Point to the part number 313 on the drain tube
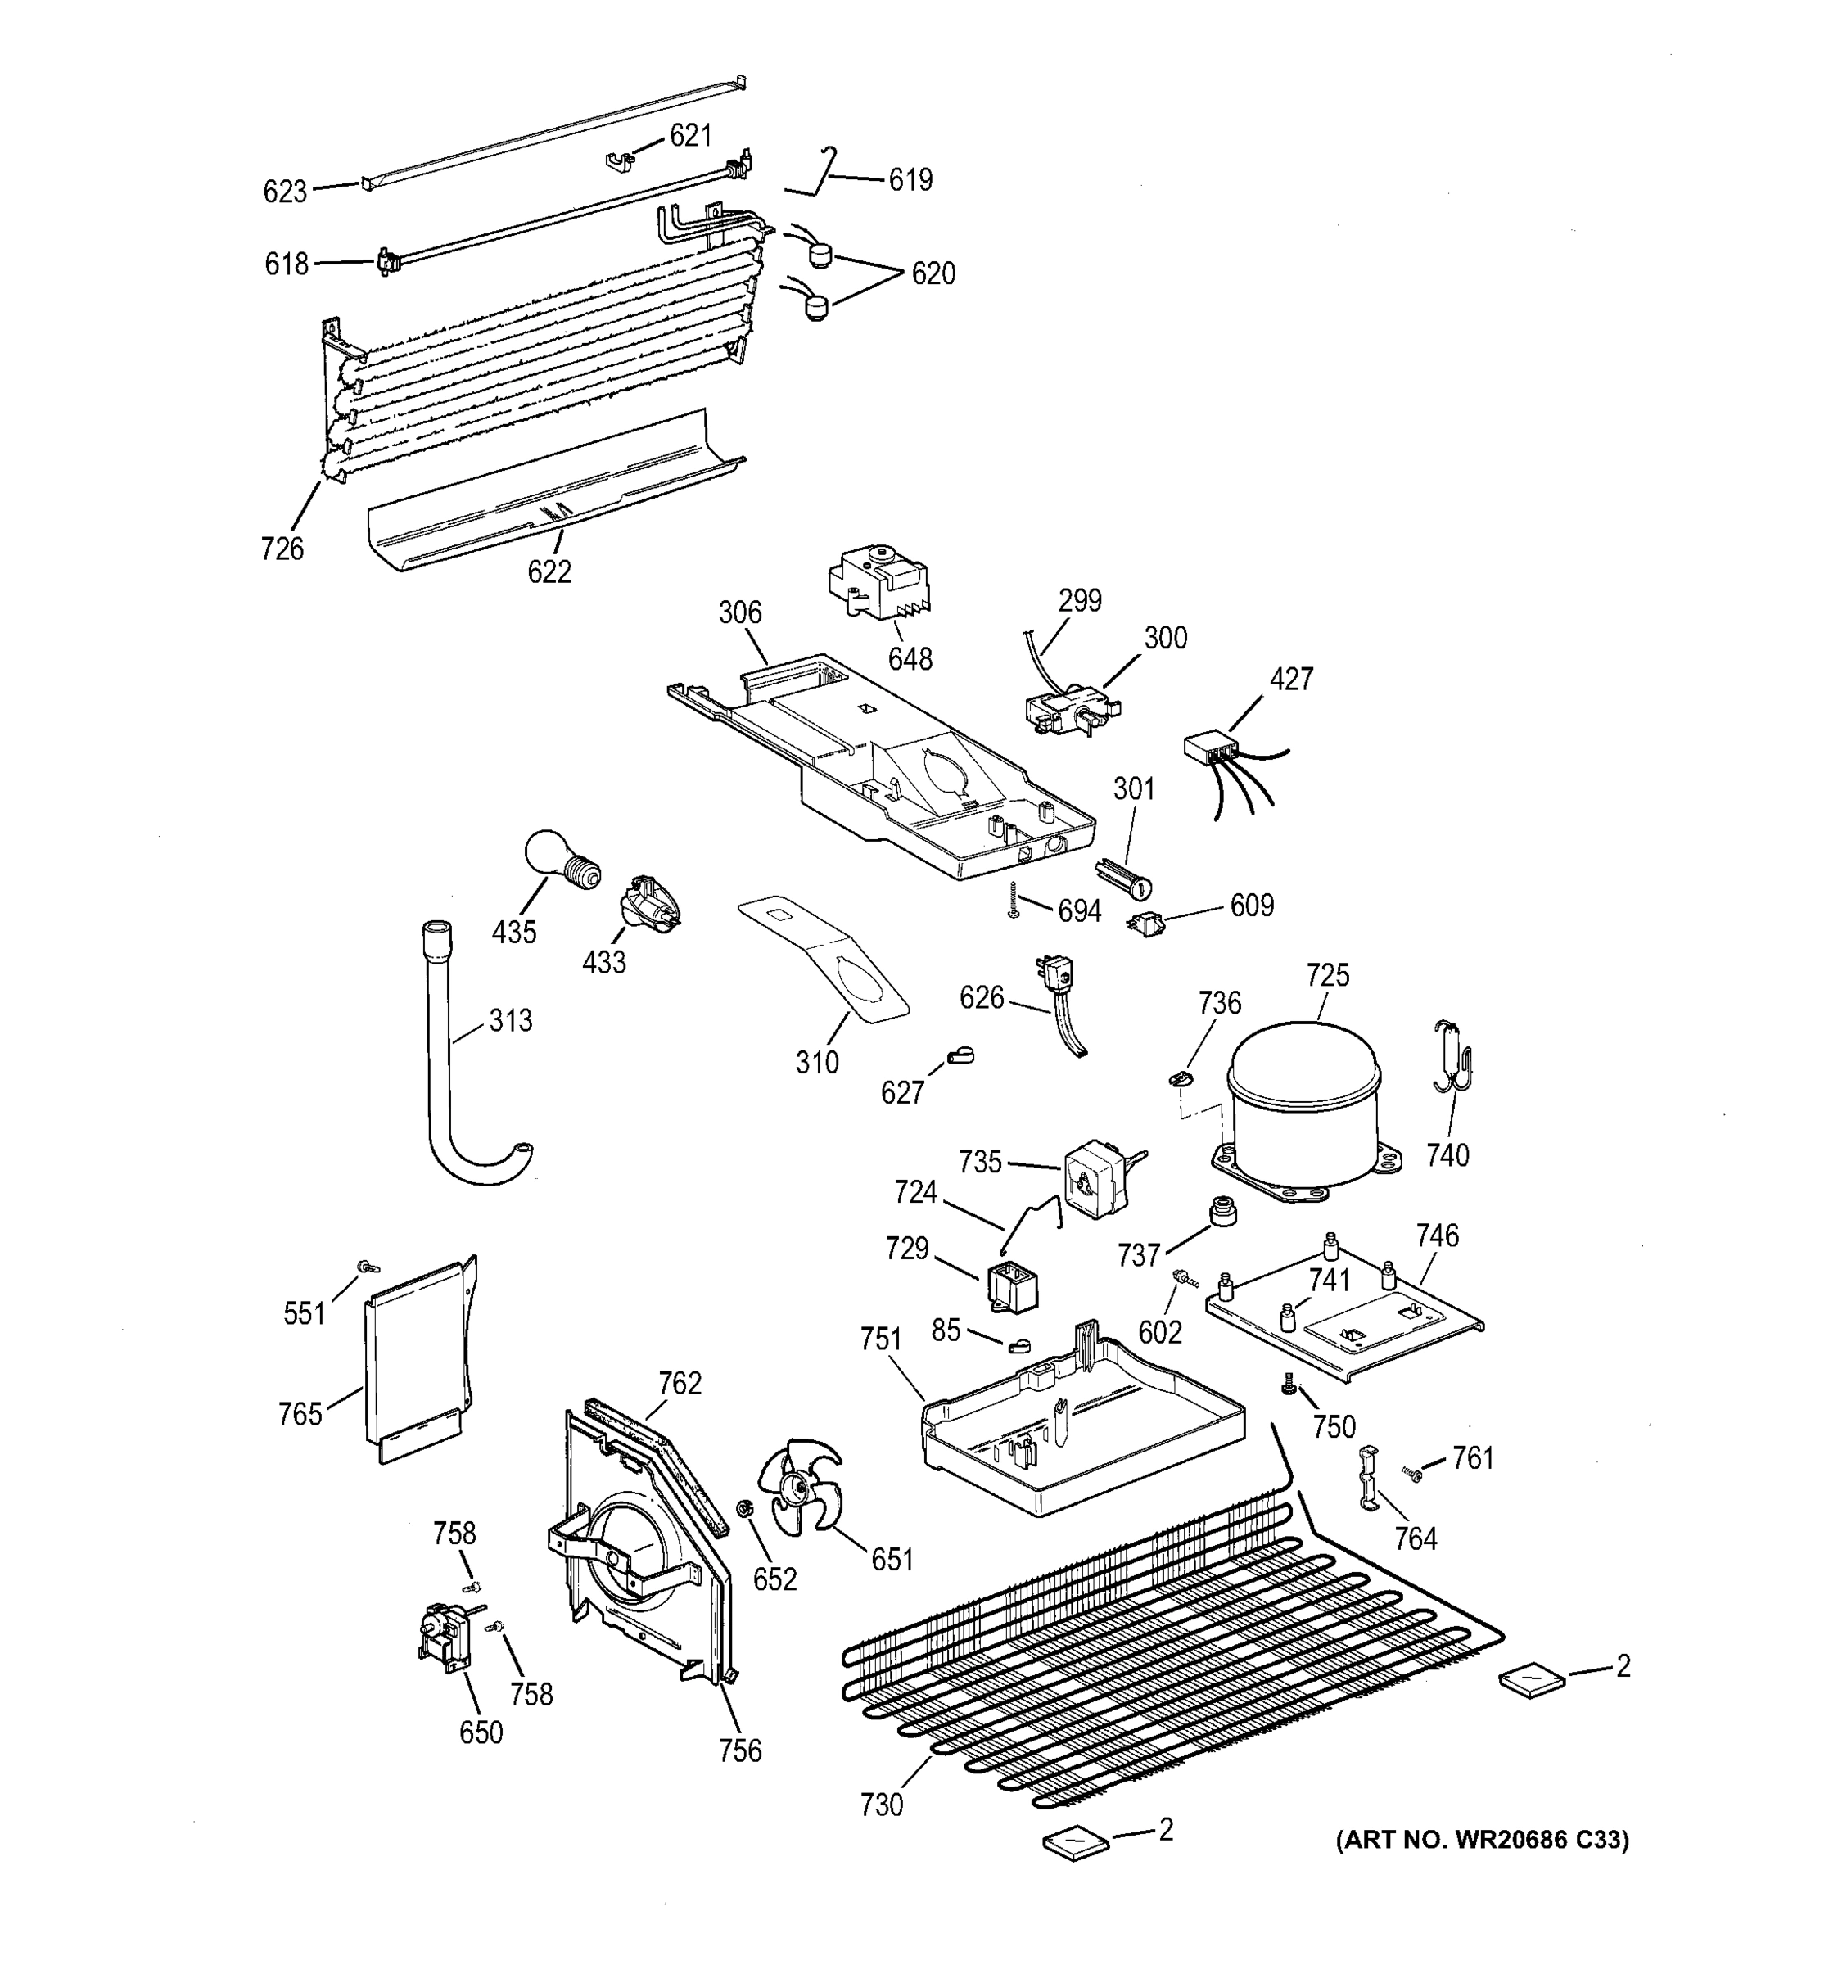510,1021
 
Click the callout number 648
909,659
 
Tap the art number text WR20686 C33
1483,1840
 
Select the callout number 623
285,192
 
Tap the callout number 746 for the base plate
1436,1235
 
